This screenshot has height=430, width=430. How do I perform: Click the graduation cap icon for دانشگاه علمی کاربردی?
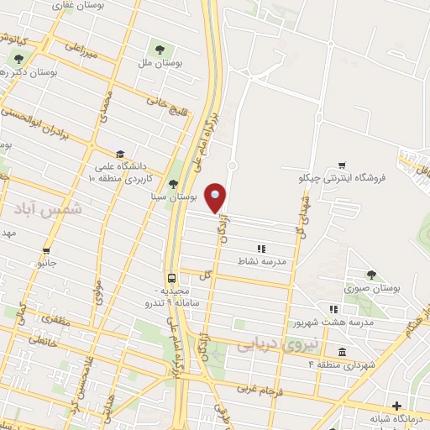coord(122,155)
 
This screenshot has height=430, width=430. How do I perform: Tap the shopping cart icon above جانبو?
coord(46,250)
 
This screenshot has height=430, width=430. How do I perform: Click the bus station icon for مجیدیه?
coord(171,277)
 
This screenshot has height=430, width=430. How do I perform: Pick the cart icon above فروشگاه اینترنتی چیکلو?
coord(342,165)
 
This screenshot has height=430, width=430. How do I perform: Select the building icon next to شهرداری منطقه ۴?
coord(343,352)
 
